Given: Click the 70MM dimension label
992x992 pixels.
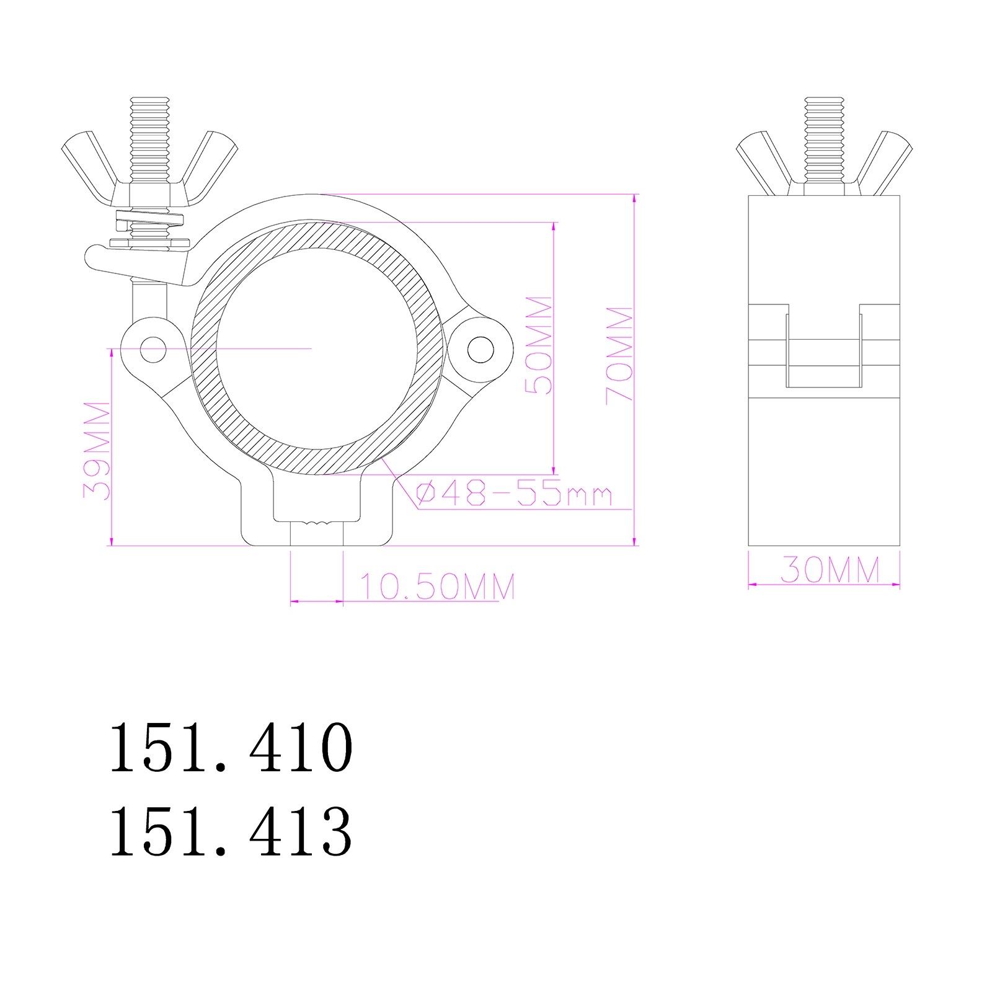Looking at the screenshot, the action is [x=619, y=355].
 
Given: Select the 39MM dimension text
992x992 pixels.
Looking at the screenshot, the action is [x=97, y=450].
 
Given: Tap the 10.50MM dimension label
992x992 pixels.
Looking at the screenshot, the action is [x=437, y=587].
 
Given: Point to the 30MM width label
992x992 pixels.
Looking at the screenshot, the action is [x=830, y=570].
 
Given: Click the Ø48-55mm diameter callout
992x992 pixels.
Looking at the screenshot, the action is [x=514, y=495].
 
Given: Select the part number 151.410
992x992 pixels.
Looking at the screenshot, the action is [x=231, y=747].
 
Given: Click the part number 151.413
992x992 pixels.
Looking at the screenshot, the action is [x=231, y=831].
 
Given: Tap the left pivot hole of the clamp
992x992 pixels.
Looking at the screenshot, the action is [x=153, y=349].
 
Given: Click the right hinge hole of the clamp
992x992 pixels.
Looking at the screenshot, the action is [x=480, y=349].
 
